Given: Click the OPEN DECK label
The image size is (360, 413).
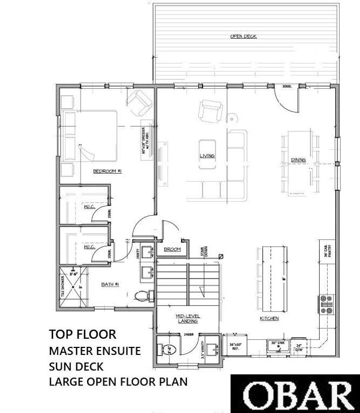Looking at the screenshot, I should [243, 37].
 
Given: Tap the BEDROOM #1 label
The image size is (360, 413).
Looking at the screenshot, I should [107, 171].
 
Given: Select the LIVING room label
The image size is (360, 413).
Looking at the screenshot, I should [207, 156].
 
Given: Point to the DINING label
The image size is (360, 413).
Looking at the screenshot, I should [299, 160].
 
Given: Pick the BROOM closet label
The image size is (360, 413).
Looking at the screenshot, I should [172, 250].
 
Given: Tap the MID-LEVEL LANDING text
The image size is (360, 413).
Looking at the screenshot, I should [187, 318].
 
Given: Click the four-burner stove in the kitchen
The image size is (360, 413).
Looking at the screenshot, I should [326, 303].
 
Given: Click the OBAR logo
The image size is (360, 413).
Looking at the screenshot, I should [295, 395].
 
